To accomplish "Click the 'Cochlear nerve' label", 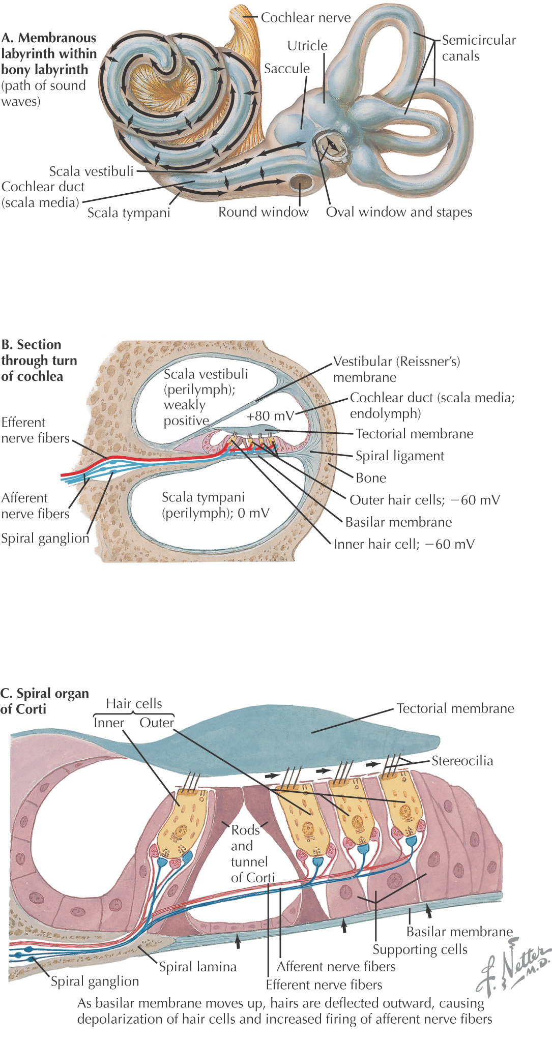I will click(305, 18).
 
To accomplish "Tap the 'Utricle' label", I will click(307, 46).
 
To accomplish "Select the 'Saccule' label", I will click(286, 69).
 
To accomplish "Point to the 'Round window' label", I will click(263, 212).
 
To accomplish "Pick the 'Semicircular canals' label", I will click(478, 48).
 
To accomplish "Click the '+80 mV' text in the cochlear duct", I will click(270, 416).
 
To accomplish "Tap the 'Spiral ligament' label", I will click(399, 456).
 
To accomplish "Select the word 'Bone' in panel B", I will click(371, 478).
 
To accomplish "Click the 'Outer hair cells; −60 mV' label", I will click(424, 500).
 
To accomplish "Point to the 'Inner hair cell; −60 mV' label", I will click(403, 544).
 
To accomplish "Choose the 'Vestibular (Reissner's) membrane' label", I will click(396, 369).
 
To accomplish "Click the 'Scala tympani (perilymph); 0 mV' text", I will click(215, 505).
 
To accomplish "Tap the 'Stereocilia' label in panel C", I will click(462, 761).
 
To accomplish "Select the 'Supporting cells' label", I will click(420, 949).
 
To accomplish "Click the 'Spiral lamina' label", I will click(197, 967).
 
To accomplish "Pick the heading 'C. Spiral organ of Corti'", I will click(45, 701).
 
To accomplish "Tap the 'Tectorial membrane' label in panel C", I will click(455, 708).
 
